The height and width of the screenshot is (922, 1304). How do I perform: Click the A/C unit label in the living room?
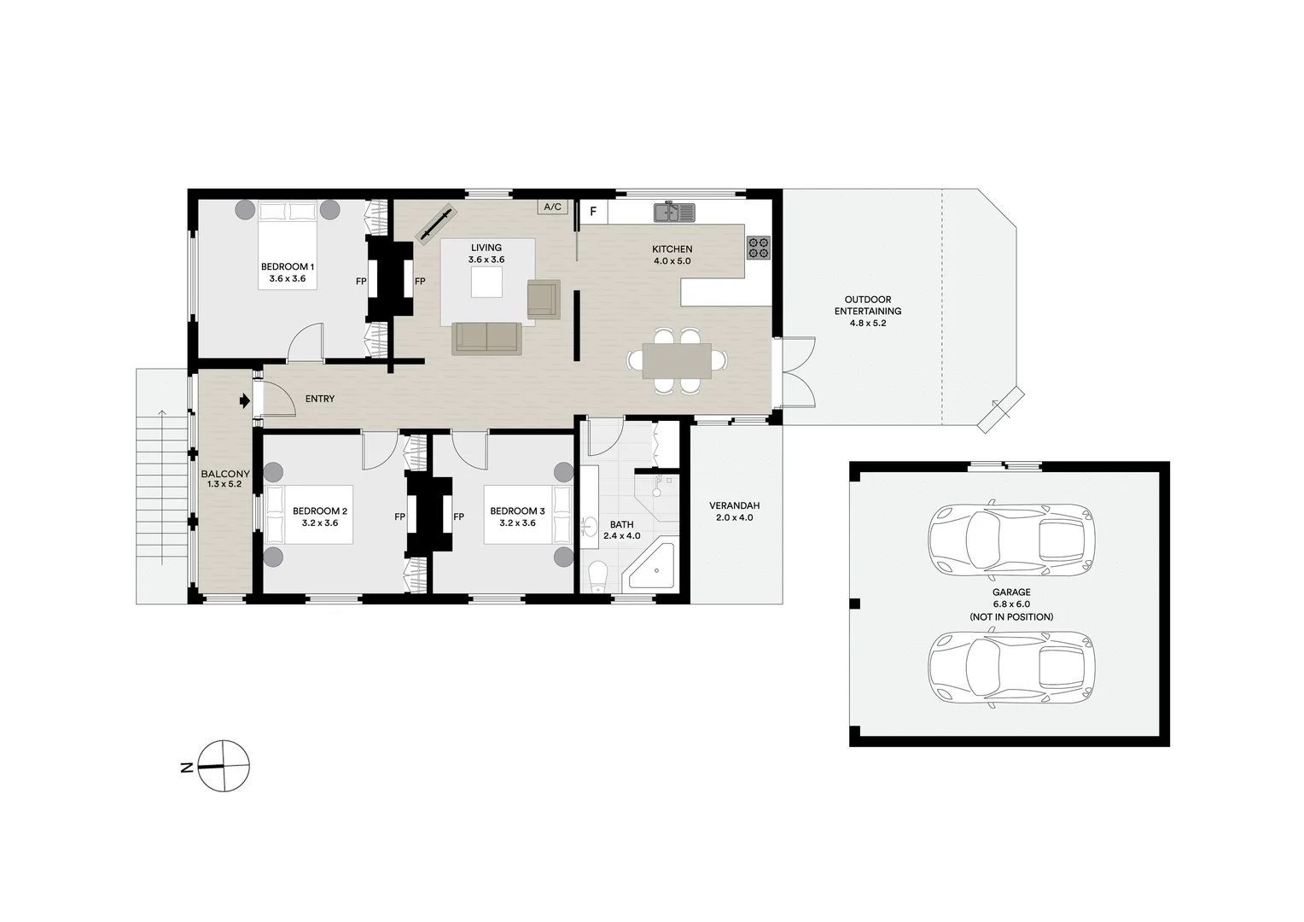pos(552,207)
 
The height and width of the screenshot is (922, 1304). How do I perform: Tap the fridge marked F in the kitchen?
pos(593,210)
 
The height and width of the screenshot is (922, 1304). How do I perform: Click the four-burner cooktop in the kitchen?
pos(758,248)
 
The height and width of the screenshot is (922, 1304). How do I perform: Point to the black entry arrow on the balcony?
pos(244,400)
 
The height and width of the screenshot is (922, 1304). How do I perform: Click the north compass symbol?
pos(224,766)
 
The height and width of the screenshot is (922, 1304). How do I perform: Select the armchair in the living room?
pos(542,299)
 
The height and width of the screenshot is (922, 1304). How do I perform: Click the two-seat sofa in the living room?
pos(486,337)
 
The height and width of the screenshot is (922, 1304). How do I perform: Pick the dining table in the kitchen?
pos(677,359)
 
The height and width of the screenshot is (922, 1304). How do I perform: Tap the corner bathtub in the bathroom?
pos(654,568)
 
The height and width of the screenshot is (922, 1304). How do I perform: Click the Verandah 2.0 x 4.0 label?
pos(734,511)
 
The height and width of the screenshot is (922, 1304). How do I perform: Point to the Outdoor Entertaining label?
pos(867,311)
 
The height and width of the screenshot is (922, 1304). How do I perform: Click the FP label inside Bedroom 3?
pos(458,516)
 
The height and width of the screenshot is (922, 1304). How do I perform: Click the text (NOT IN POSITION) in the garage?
pos(1010,616)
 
